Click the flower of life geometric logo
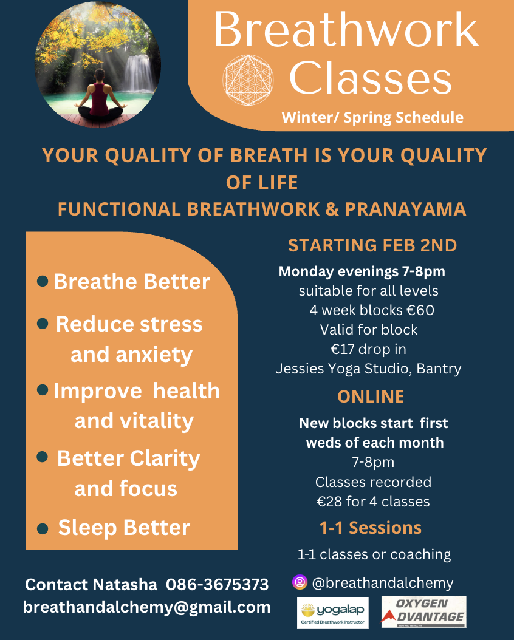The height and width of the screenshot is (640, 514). pyautogui.click(x=248, y=80)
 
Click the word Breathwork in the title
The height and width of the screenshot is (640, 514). pyautogui.click(x=346, y=30)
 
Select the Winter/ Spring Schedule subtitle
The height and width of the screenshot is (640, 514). pyautogui.click(x=372, y=117)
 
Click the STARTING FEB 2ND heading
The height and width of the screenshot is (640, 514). pyautogui.click(x=372, y=245)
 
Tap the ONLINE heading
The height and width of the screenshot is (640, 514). pyautogui.click(x=371, y=397)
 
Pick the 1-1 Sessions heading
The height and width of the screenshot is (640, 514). pyautogui.click(x=370, y=528)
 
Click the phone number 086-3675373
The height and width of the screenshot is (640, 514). pyautogui.click(x=217, y=585)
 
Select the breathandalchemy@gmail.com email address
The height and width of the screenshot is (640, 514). pyautogui.click(x=147, y=607)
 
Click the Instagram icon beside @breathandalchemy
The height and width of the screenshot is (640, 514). pyautogui.click(x=300, y=582)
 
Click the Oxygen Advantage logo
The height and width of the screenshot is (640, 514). pyautogui.click(x=423, y=612)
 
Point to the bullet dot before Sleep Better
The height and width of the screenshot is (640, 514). pyautogui.click(x=43, y=529)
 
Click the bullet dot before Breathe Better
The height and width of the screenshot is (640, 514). pyautogui.click(x=43, y=281)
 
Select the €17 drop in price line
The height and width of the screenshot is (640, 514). pyautogui.click(x=368, y=349)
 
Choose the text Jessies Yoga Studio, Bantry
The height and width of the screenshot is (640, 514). pyautogui.click(x=368, y=369)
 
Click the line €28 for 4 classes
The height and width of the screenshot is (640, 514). pyautogui.click(x=373, y=501)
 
